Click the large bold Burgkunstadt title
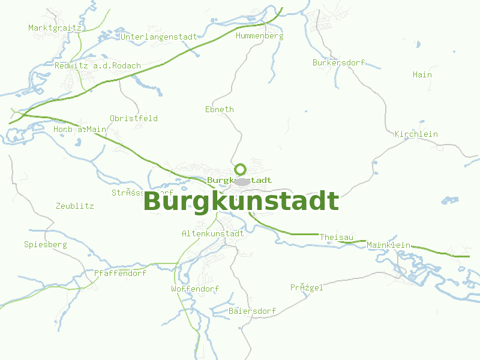click(241, 202)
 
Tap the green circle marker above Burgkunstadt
click(241, 169)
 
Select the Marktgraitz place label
click(55, 28)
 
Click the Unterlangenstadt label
click(159, 37)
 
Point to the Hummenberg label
click(259, 36)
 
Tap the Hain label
click(422, 75)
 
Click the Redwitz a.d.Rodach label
click(97, 66)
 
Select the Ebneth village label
click(219, 109)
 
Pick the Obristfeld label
click(133, 118)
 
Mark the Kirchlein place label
click(416, 134)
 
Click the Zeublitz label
click(74, 206)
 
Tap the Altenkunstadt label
click(212, 233)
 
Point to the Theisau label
click(336, 238)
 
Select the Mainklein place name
click(388, 245)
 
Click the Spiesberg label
click(45, 245)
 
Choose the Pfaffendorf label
click(120, 273)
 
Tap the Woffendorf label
click(194, 289)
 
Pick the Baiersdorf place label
click(252, 311)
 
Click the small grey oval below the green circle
click(241, 181)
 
